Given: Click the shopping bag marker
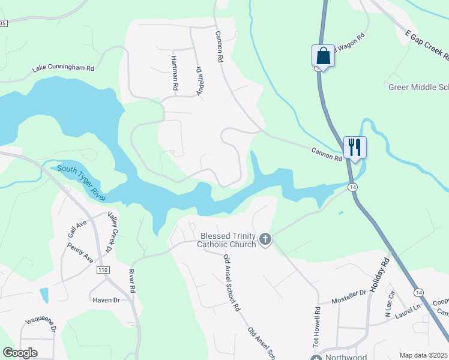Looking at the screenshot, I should [x=323, y=56].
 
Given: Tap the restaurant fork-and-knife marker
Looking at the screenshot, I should [x=355, y=148].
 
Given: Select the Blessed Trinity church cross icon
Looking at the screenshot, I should [x=265, y=240].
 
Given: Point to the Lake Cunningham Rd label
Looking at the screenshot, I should [x=64, y=68].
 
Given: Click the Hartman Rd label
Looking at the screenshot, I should [x=175, y=73].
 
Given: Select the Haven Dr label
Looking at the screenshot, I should [x=106, y=299].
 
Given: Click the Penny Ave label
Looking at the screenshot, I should [x=80, y=253].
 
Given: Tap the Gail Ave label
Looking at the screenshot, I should [x=78, y=228].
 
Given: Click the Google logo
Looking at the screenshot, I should [x=20, y=353].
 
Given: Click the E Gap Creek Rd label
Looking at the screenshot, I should [x=427, y=47].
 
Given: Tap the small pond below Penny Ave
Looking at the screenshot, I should [x=44, y=295].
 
